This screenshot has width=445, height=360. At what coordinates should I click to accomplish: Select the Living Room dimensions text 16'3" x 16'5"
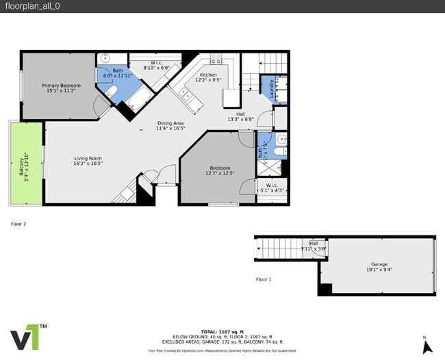pyautogui.click(x=88, y=164)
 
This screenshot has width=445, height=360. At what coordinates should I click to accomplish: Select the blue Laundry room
pyautogui.click(x=272, y=89)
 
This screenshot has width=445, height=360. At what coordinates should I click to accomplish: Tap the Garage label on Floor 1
pyautogui.click(x=379, y=267)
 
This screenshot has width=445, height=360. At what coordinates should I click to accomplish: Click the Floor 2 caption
pyautogui.click(x=18, y=224)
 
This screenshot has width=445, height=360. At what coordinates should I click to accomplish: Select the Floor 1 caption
pyautogui.click(x=264, y=279)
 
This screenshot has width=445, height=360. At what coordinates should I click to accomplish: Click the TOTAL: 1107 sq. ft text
pyautogui.click(x=222, y=332)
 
